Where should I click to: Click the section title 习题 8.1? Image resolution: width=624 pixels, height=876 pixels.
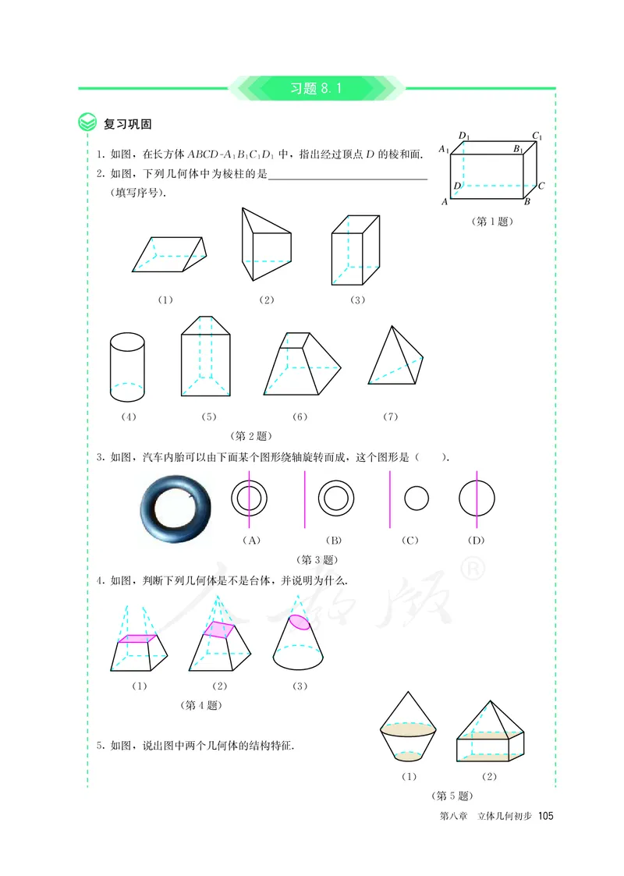316,88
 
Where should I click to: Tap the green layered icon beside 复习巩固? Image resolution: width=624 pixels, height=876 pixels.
87,123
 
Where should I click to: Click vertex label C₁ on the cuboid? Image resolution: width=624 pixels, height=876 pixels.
537,137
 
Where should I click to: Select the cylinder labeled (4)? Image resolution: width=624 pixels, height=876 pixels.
127,365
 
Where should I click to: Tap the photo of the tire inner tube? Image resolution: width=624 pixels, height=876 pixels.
177,511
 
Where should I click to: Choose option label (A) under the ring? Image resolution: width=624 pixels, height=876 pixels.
250,540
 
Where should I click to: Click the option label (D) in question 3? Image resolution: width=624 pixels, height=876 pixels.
475,540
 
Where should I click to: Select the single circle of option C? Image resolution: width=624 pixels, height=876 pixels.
417,498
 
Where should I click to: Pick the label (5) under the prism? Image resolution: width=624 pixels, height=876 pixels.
208,417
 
